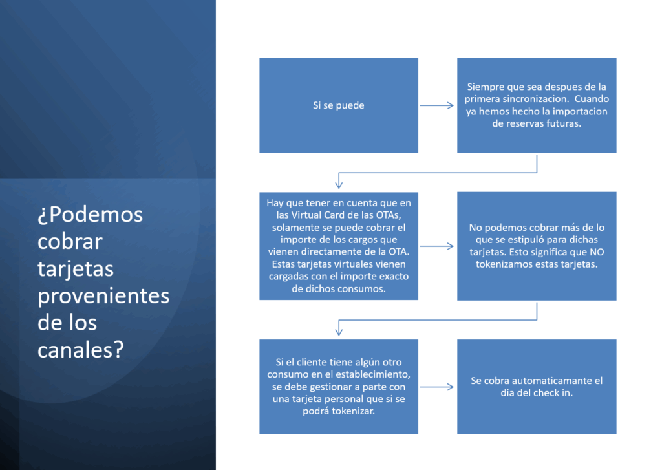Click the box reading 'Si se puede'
point(339,105)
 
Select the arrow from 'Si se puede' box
point(436,105)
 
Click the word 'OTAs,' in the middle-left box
point(389,215)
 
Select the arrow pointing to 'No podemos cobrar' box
point(436,246)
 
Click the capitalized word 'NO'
point(597,252)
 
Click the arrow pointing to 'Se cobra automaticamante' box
point(436,387)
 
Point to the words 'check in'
point(553,392)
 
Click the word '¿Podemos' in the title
point(91,215)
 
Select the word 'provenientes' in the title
point(103,296)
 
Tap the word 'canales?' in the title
point(81,350)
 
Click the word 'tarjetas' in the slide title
point(76,269)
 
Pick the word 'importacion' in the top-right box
point(580,111)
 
